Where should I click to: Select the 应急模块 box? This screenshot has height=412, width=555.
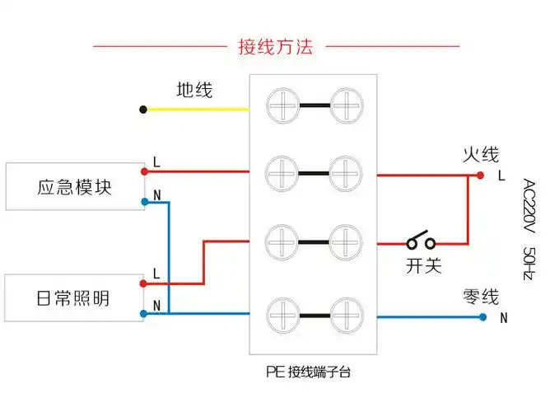(74, 187)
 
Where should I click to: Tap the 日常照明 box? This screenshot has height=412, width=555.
(74, 298)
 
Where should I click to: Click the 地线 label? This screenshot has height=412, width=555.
(194, 90)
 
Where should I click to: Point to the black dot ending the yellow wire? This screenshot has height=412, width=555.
(143, 109)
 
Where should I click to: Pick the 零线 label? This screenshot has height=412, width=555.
(481, 296)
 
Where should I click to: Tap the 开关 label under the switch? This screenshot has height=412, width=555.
(423, 265)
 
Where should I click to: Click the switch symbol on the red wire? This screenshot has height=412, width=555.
(421, 243)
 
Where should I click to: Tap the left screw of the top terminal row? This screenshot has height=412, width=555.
(282, 105)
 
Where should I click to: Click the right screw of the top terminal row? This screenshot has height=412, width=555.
(347, 105)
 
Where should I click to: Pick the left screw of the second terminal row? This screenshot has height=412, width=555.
(282, 173)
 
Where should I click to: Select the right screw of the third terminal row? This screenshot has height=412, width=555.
(347, 242)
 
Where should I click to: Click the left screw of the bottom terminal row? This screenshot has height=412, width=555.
(282, 314)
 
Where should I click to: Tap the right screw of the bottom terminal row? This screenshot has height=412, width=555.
(347, 314)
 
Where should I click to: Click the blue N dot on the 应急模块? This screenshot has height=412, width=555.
(144, 201)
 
